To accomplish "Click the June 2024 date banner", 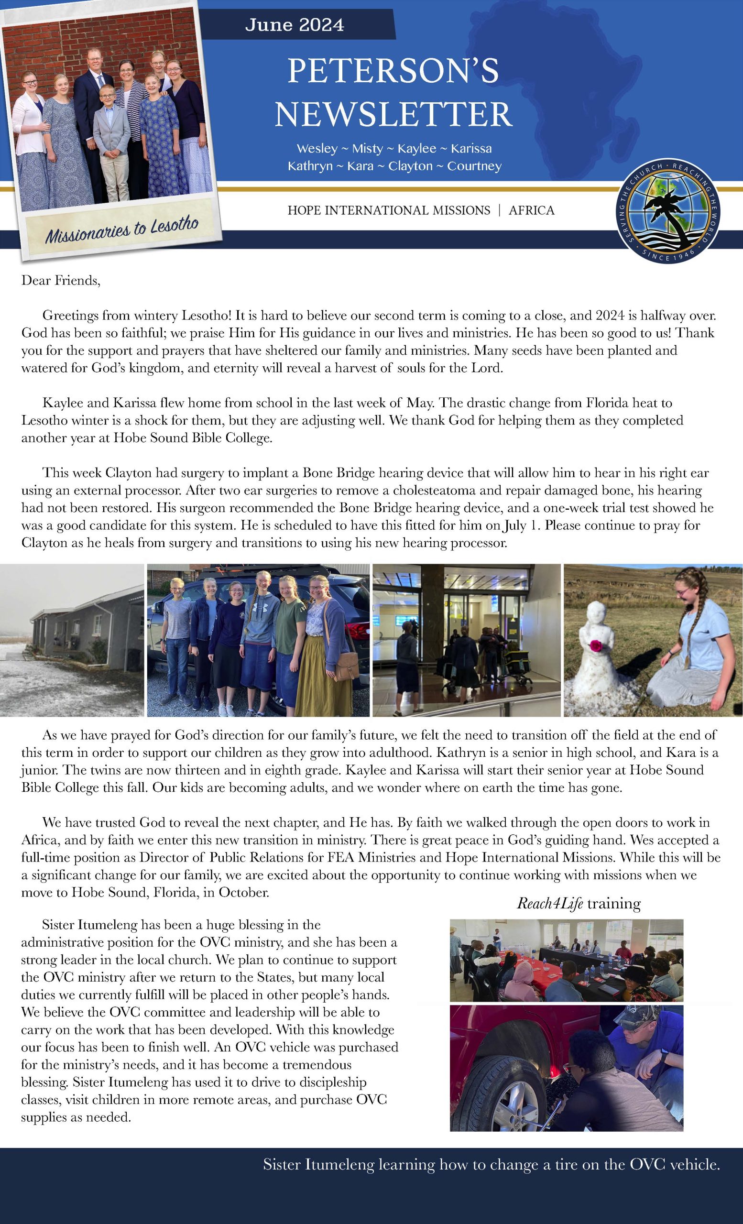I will point(295,25).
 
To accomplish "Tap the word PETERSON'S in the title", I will point(393,71).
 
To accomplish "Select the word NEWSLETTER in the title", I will point(393,114).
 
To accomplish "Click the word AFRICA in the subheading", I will point(531,211).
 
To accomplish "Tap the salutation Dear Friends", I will point(61,281).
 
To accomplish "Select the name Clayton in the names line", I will point(410,166).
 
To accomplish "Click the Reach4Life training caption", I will point(579,903).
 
